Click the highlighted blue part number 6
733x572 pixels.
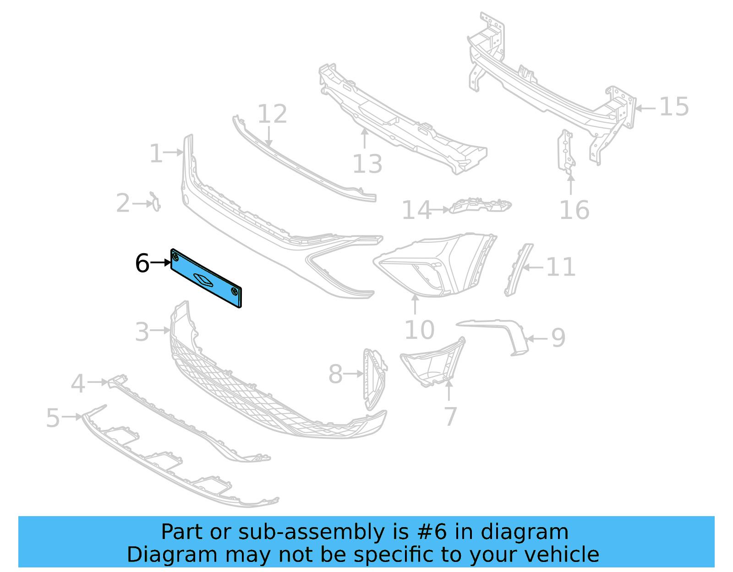pos(206,278)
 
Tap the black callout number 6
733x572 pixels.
pos(142,263)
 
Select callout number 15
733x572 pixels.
pos(674,107)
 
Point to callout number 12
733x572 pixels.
pos(272,114)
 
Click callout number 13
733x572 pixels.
pos(367,164)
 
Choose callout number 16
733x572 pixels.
pos(574,210)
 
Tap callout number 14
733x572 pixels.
pos(416,210)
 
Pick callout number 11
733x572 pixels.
pos(561,267)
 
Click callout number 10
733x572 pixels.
pos(419,330)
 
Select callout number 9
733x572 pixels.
pos(558,338)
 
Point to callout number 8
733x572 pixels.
pos(336,374)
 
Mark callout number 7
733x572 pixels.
pos(451,416)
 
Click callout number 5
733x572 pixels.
pos(53,418)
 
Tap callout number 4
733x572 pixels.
pos(78,383)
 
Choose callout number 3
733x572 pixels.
pos(142,332)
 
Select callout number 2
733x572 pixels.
pos(123,203)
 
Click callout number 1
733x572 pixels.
pos(156,153)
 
